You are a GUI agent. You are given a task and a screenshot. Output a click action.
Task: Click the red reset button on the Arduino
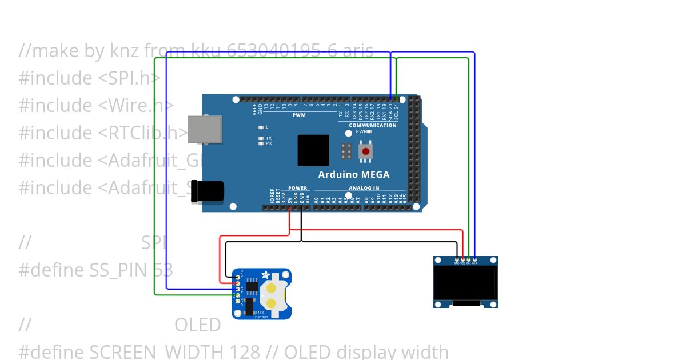pyautogui.click(x=366, y=151)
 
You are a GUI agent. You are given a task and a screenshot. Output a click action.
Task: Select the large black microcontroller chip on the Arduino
pyautogui.click(x=313, y=150)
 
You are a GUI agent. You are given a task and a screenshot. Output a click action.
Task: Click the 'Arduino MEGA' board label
pyautogui.click(x=354, y=174)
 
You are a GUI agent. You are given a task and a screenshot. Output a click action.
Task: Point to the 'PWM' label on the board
pyautogui.click(x=299, y=115)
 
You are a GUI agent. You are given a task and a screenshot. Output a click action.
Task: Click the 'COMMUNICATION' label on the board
pyautogui.click(x=373, y=125)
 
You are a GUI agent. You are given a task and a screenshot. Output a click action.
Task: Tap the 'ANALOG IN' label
pyautogui.click(x=364, y=188)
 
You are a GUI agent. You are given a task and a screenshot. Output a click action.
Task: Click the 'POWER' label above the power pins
pyautogui.click(x=297, y=188)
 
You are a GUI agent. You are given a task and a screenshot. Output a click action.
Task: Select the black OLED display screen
pyautogui.click(x=465, y=282)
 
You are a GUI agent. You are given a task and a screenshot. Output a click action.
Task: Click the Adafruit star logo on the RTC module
pyautogui.click(x=265, y=275)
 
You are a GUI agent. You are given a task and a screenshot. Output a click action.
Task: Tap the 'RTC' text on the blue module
pyautogui.click(x=261, y=313)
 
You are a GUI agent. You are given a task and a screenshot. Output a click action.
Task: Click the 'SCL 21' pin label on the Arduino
pyautogui.click(x=396, y=107)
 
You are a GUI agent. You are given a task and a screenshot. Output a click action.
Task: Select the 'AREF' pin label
pyautogui.click(x=255, y=109)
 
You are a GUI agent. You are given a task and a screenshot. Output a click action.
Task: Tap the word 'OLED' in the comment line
pyautogui.click(x=197, y=325)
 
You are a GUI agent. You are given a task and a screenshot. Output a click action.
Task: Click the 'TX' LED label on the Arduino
pyautogui.click(x=269, y=138)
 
